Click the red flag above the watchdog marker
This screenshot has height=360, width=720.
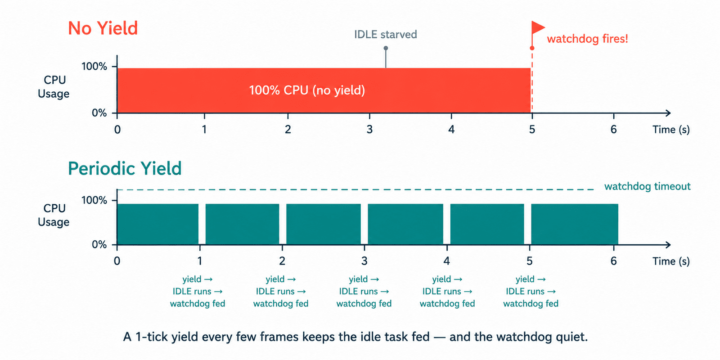coord(538,27)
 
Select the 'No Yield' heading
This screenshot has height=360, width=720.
coord(103,28)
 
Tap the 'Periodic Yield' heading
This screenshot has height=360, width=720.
coord(125,168)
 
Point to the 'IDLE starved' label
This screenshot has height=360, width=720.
coord(385,34)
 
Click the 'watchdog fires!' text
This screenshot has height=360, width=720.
coord(587,39)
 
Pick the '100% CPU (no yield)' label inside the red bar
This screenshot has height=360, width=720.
coord(307,90)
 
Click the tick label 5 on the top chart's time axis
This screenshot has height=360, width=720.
coord(532,130)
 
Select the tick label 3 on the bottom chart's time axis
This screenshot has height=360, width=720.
coord(364,261)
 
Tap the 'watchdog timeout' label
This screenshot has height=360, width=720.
coord(648,186)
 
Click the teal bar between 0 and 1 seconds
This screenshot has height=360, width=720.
coord(158,224)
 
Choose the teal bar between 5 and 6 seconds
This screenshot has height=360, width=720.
coord(574,224)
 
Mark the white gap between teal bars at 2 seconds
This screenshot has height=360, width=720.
coord(283,224)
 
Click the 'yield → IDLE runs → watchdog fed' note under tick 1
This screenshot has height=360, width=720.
coord(198,291)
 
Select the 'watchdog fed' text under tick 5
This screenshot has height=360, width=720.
coord(531,304)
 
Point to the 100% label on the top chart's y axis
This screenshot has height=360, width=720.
coord(94,67)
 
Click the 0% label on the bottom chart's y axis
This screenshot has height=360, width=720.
coord(99,245)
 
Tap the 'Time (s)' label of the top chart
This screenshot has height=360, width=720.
coord(671,130)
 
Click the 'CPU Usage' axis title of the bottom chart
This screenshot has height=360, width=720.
coord(54,215)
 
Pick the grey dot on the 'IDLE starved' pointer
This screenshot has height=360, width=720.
coord(386,48)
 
